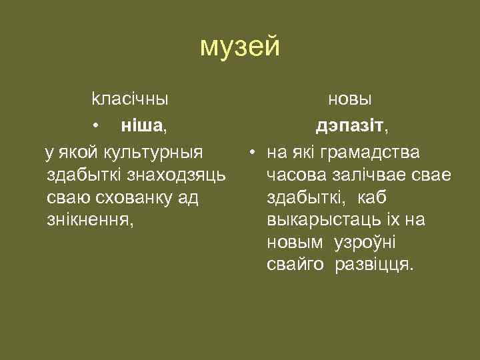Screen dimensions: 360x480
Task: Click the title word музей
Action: [240, 47]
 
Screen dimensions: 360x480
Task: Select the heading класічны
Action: [129, 99]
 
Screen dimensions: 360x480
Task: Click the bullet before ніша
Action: [97, 125]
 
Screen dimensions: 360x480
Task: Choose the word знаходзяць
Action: [181, 175]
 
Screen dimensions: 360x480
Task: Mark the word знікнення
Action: [89, 220]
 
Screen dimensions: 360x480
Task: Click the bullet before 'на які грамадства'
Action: [253, 153]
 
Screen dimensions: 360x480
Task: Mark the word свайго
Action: [295, 265]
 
